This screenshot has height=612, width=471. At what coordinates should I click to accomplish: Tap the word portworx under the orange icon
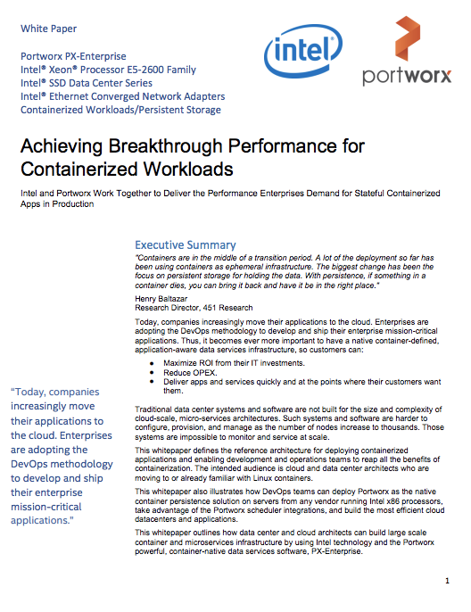[x=407, y=77]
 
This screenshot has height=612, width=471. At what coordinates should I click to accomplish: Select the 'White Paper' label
[x=47, y=29]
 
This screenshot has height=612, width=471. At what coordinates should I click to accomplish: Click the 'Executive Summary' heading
[x=185, y=244]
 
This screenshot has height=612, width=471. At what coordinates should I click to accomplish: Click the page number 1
[x=446, y=581]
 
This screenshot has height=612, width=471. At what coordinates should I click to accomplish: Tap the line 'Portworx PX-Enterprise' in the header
[x=73, y=56]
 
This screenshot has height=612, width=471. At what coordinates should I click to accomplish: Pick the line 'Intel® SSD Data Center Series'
[x=95, y=83]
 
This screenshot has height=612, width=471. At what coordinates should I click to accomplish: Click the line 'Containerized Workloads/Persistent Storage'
[x=120, y=110]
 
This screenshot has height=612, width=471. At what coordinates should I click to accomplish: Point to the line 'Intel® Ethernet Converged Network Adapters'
[x=122, y=96]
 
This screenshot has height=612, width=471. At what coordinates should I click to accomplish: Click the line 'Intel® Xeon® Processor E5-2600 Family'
[x=108, y=70]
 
